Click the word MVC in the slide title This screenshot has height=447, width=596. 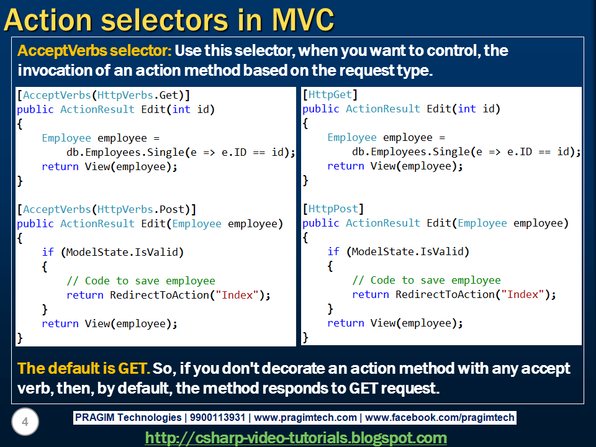(304, 19)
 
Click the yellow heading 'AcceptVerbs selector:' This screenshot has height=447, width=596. (94, 51)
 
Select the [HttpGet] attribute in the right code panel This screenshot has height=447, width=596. (330, 94)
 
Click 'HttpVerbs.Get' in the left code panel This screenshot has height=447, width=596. (138, 95)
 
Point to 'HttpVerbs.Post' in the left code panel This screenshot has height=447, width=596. (141, 209)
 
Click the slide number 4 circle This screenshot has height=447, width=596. (25, 422)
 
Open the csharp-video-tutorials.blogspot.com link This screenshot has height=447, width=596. (296, 438)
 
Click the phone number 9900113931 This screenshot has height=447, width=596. (217, 417)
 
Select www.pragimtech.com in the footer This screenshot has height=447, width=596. (305, 417)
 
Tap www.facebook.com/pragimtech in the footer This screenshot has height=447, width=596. (440, 417)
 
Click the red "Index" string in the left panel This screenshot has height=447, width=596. (237, 295)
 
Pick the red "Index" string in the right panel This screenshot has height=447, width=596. (523, 294)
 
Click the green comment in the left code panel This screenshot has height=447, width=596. (141, 281)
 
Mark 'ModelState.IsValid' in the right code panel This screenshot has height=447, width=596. (407, 251)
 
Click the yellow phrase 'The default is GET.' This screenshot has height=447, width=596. (84, 368)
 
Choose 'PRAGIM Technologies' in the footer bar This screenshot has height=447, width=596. (128, 417)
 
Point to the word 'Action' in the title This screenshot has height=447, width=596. (48, 19)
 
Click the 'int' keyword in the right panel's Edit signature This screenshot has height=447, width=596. (467, 109)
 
